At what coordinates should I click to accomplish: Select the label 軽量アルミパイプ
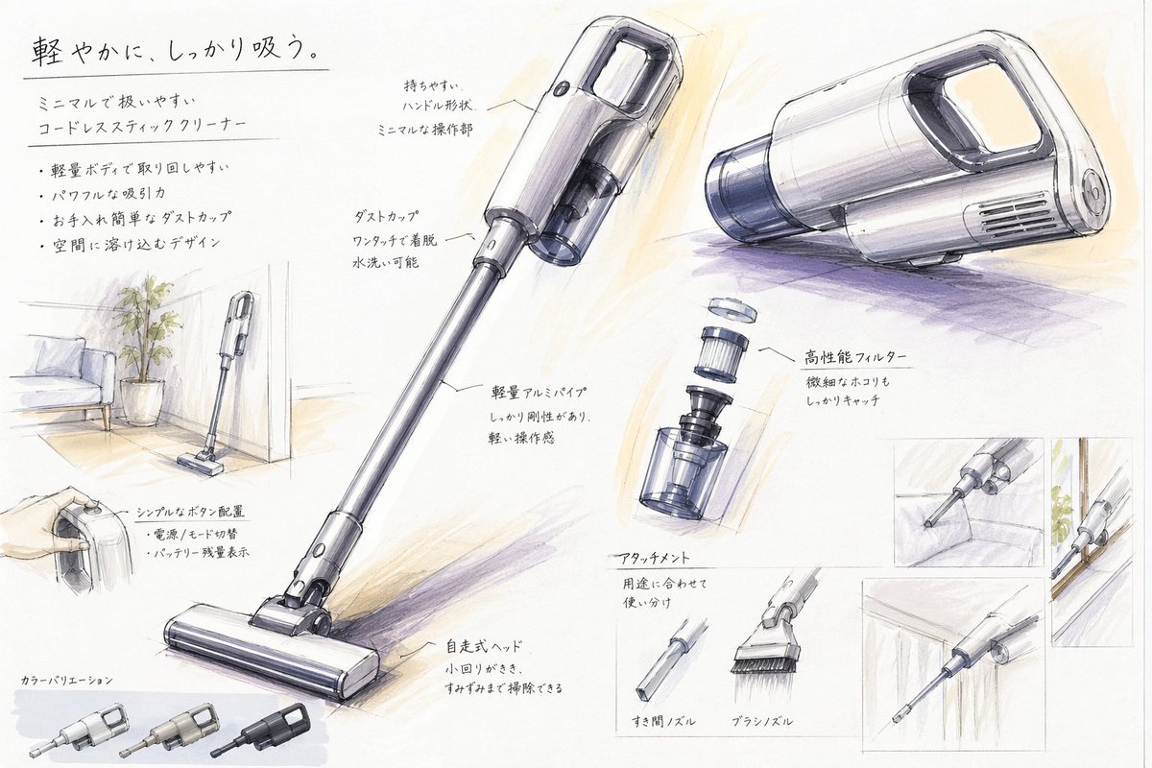(538, 393)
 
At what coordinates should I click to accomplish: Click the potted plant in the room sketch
(143, 346)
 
